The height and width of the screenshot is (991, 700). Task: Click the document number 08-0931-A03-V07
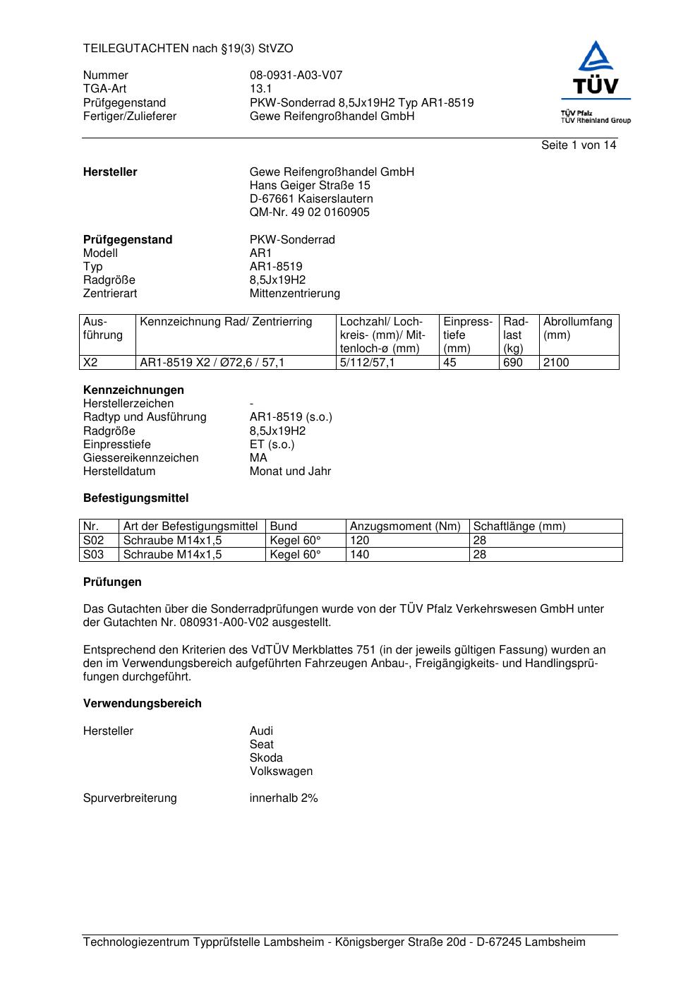(x=296, y=76)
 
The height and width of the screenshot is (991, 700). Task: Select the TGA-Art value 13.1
(x=260, y=89)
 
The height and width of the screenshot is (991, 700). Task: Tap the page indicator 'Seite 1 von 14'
(x=578, y=145)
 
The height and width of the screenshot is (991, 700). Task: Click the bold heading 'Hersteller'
(x=110, y=172)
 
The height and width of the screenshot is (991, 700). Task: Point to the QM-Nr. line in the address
(x=309, y=212)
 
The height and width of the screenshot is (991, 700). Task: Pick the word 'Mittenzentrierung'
(x=294, y=294)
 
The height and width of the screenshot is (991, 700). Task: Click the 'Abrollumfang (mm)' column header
(x=577, y=328)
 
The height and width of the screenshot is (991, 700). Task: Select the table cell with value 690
(x=513, y=363)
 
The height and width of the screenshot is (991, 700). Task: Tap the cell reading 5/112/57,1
(x=367, y=363)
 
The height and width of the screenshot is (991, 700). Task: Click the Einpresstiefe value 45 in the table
(x=449, y=363)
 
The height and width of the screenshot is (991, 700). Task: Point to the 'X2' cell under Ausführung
(x=90, y=363)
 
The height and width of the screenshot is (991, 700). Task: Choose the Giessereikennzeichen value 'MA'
(x=258, y=458)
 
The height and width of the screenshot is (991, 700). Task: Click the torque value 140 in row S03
(x=359, y=555)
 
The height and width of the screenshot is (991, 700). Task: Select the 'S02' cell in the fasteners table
(x=93, y=541)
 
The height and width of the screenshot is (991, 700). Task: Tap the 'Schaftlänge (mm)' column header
(x=519, y=527)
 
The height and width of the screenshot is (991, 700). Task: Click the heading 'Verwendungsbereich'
(x=142, y=704)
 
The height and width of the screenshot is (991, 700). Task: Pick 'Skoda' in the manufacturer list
(x=265, y=758)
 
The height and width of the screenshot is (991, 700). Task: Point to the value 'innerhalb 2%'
(x=283, y=798)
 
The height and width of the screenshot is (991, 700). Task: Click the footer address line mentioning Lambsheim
(x=334, y=942)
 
